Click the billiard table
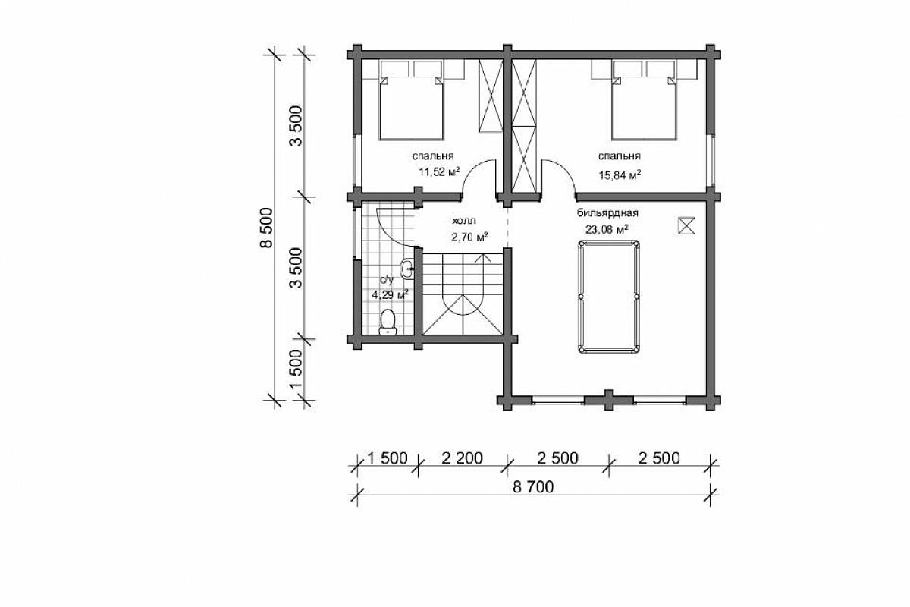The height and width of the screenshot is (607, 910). pyautogui.click(x=608, y=297)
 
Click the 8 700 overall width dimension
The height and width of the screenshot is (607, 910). pyautogui.click(x=533, y=486)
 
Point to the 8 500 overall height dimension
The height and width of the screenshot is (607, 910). pyautogui.click(x=266, y=228)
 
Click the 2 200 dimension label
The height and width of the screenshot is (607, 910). pyautogui.click(x=462, y=458)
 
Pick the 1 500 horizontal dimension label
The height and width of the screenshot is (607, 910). pyautogui.click(x=388, y=458)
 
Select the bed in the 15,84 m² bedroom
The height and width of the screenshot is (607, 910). pyautogui.click(x=645, y=108)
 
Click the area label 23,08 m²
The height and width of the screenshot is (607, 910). pyautogui.click(x=607, y=229)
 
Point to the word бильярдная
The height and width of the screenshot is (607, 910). pyautogui.click(x=607, y=212)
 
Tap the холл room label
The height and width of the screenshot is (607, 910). pyautogui.click(x=463, y=221)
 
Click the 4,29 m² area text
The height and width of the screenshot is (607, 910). pyautogui.click(x=391, y=294)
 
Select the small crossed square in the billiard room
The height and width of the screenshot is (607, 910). pyautogui.click(x=686, y=225)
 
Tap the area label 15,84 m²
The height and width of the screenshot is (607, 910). pyautogui.click(x=620, y=175)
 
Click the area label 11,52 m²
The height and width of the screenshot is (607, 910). pyautogui.click(x=439, y=171)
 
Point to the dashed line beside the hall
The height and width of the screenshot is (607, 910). pyautogui.click(x=507, y=225)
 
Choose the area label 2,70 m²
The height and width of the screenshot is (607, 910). pyautogui.click(x=469, y=237)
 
